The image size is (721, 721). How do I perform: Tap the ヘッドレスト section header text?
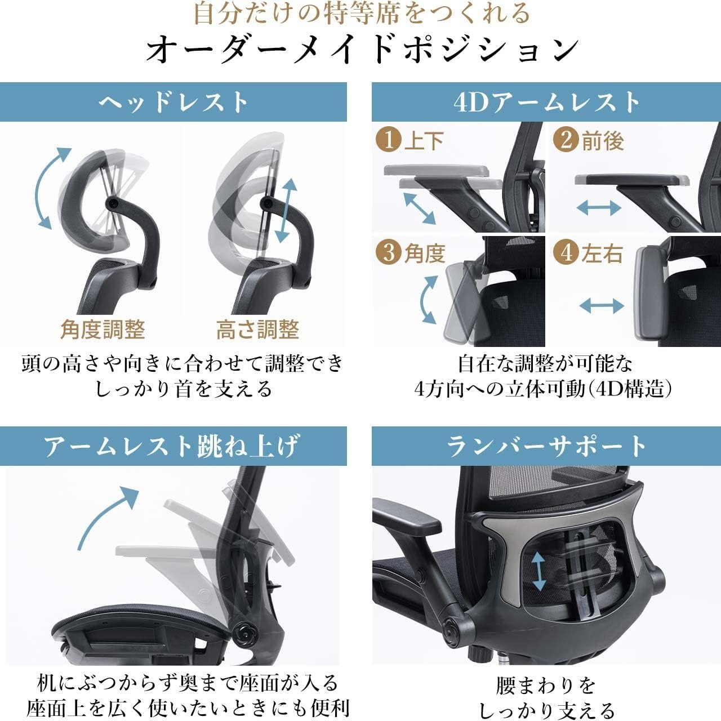pyautogui.click(x=173, y=102)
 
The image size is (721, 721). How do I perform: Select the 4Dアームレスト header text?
pyautogui.click(x=546, y=102)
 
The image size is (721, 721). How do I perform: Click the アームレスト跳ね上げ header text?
pyautogui.click(x=173, y=446)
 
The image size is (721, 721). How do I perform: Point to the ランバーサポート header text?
pyautogui.click(x=546, y=446)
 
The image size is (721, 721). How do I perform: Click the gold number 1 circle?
pyautogui.click(x=388, y=140)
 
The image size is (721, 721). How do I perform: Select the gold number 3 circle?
pyautogui.click(x=388, y=252)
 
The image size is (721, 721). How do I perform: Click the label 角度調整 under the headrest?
pyautogui.click(x=103, y=330)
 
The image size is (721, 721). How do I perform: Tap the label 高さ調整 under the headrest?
pyautogui.click(x=258, y=330)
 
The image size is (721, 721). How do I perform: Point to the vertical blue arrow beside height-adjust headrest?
pyautogui.click(x=286, y=211)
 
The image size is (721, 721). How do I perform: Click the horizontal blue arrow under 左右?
pyautogui.click(x=602, y=306)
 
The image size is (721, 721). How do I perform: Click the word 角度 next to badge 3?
pyautogui.click(x=425, y=253)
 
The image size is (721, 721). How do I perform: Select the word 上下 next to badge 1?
pyautogui.click(x=424, y=141)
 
